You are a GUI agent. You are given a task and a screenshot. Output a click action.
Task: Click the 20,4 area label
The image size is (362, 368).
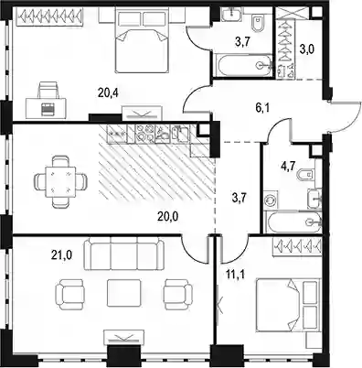point(108,92)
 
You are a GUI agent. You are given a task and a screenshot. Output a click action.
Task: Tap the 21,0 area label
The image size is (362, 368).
point(61,254)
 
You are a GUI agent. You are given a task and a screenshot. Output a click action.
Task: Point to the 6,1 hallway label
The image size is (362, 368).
point(262,108)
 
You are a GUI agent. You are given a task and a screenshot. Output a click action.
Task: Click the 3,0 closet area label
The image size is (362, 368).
point(305,49)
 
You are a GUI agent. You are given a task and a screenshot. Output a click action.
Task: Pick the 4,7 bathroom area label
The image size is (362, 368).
point(289,167)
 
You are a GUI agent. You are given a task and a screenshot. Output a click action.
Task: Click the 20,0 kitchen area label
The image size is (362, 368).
point(167,217)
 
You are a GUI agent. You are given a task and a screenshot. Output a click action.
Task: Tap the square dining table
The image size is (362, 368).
point(60,182)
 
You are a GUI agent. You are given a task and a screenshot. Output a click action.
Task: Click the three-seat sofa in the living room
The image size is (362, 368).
point(124,254)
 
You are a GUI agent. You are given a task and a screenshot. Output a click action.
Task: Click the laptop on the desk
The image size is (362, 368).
point(47,109)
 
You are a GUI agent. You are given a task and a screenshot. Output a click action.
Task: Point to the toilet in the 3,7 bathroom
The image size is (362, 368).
point(258,24)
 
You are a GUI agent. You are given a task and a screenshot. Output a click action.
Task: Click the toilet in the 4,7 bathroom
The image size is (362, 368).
point(307,175)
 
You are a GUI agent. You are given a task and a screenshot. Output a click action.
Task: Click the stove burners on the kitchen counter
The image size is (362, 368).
point(144,134)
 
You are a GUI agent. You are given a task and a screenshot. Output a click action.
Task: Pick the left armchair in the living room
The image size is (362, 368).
point(69,294)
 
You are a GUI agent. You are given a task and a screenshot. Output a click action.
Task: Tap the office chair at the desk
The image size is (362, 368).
point(48,90)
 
